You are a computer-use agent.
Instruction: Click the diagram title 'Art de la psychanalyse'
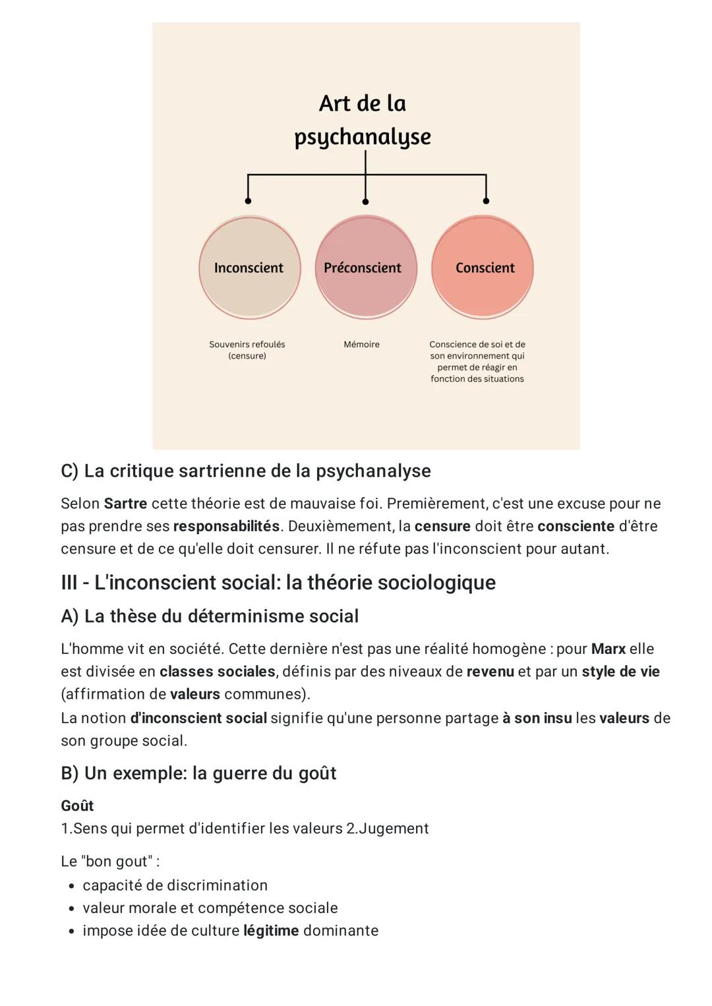(x=363, y=120)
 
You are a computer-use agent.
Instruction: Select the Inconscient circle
(x=249, y=268)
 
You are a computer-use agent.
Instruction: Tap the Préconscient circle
(x=365, y=268)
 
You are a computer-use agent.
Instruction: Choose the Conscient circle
(x=483, y=268)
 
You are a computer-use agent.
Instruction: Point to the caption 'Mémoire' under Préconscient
(x=361, y=344)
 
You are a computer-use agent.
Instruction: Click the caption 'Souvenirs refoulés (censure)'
(x=247, y=350)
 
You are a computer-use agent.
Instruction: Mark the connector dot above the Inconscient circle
(x=248, y=200)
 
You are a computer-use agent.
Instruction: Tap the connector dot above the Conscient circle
(x=486, y=200)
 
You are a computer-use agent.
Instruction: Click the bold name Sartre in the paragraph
(x=125, y=504)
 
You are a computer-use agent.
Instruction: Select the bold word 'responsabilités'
(x=226, y=526)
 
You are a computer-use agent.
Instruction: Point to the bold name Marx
(x=608, y=649)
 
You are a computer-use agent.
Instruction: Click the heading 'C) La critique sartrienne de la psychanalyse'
(x=245, y=471)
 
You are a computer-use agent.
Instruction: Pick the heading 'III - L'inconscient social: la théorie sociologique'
(x=278, y=582)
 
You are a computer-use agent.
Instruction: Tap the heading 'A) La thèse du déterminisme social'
(x=210, y=616)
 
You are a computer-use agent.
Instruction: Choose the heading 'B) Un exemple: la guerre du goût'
(x=198, y=773)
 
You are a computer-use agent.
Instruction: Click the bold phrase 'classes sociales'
(x=217, y=672)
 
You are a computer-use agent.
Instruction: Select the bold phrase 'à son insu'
(x=537, y=718)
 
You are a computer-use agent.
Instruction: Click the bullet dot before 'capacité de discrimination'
(x=71, y=885)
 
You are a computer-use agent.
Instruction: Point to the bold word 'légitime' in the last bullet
(x=271, y=931)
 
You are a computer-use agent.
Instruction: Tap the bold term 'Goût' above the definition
(x=77, y=806)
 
